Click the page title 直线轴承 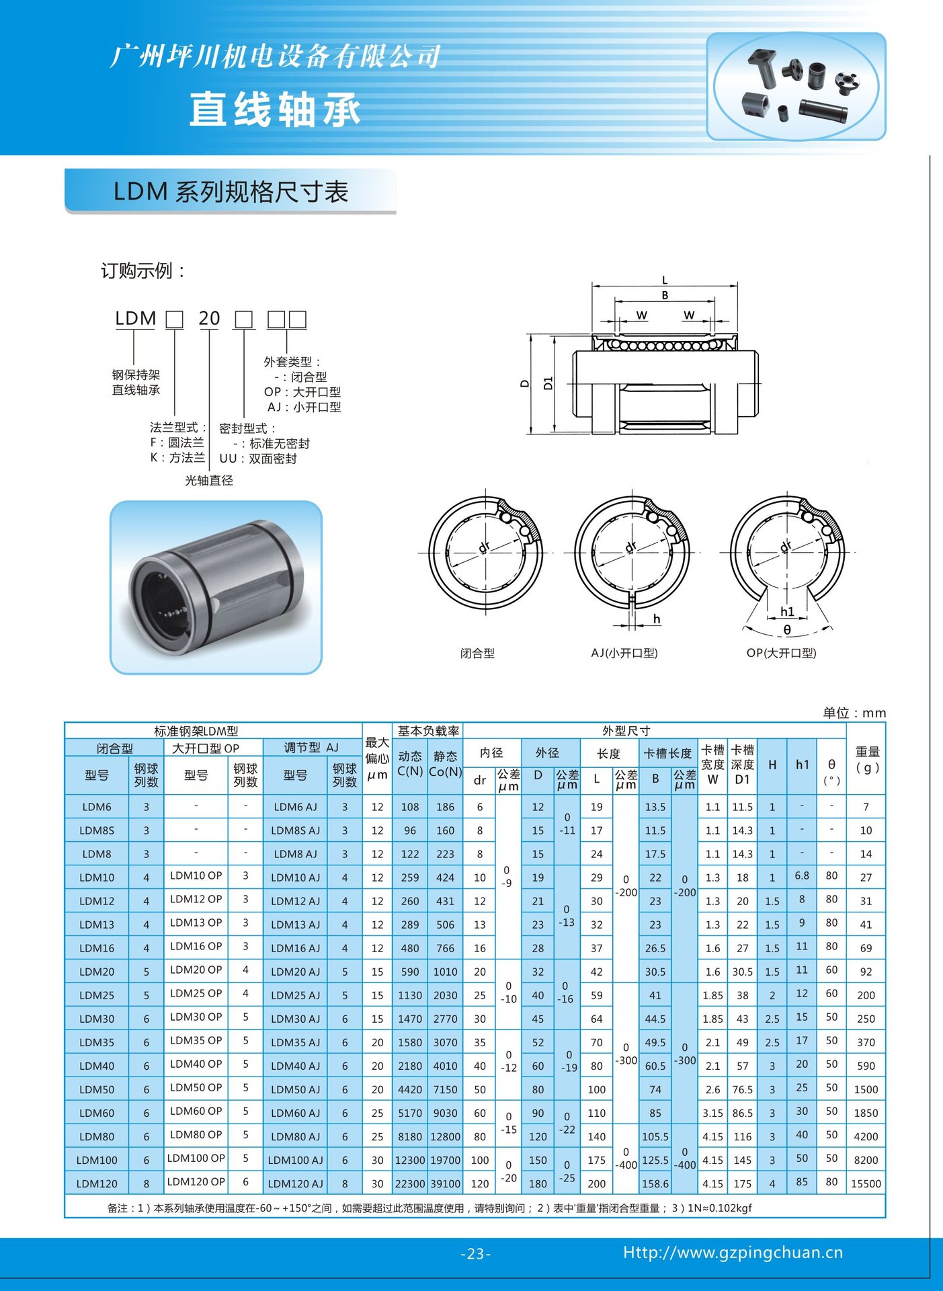(275, 110)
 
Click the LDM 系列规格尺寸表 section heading (231, 192)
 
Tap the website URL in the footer (733, 1253)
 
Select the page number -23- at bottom (475, 1254)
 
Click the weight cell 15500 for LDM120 (866, 1183)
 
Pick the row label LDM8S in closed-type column (97, 830)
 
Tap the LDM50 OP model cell (196, 1087)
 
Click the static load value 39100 (445, 1183)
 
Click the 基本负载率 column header (428, 731)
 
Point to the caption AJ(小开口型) (624, 653)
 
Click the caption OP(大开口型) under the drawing (781, 653)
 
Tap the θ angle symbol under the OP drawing (787, 630)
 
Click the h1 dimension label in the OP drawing (787, 612)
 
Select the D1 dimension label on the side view (548, 383)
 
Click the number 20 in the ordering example (209, 318)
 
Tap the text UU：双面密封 (258, 459)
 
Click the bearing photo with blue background (216, 587)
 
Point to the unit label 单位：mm (854, 713)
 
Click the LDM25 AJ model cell (295, 995)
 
